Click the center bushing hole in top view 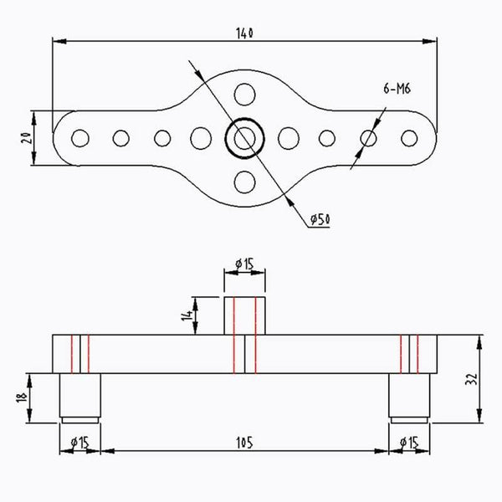click(x=244, y=136)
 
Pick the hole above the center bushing click(x=244, y=93)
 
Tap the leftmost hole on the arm click(x=79, y=136)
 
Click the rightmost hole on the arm click(x=409, y=136)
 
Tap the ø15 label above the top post click(x=244, y=264)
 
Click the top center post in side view click(x=244, y=315)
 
